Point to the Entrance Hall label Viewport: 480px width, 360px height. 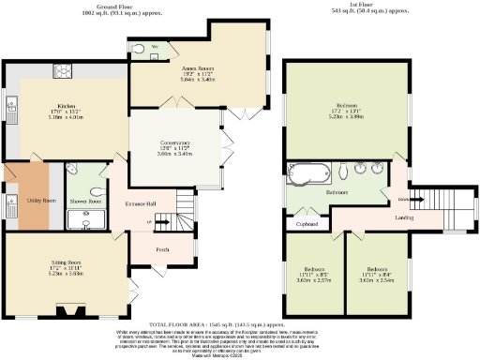pyautogui.click(x=142, y=203)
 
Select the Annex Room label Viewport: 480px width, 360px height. pyautogui.click(x=186, y=67)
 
